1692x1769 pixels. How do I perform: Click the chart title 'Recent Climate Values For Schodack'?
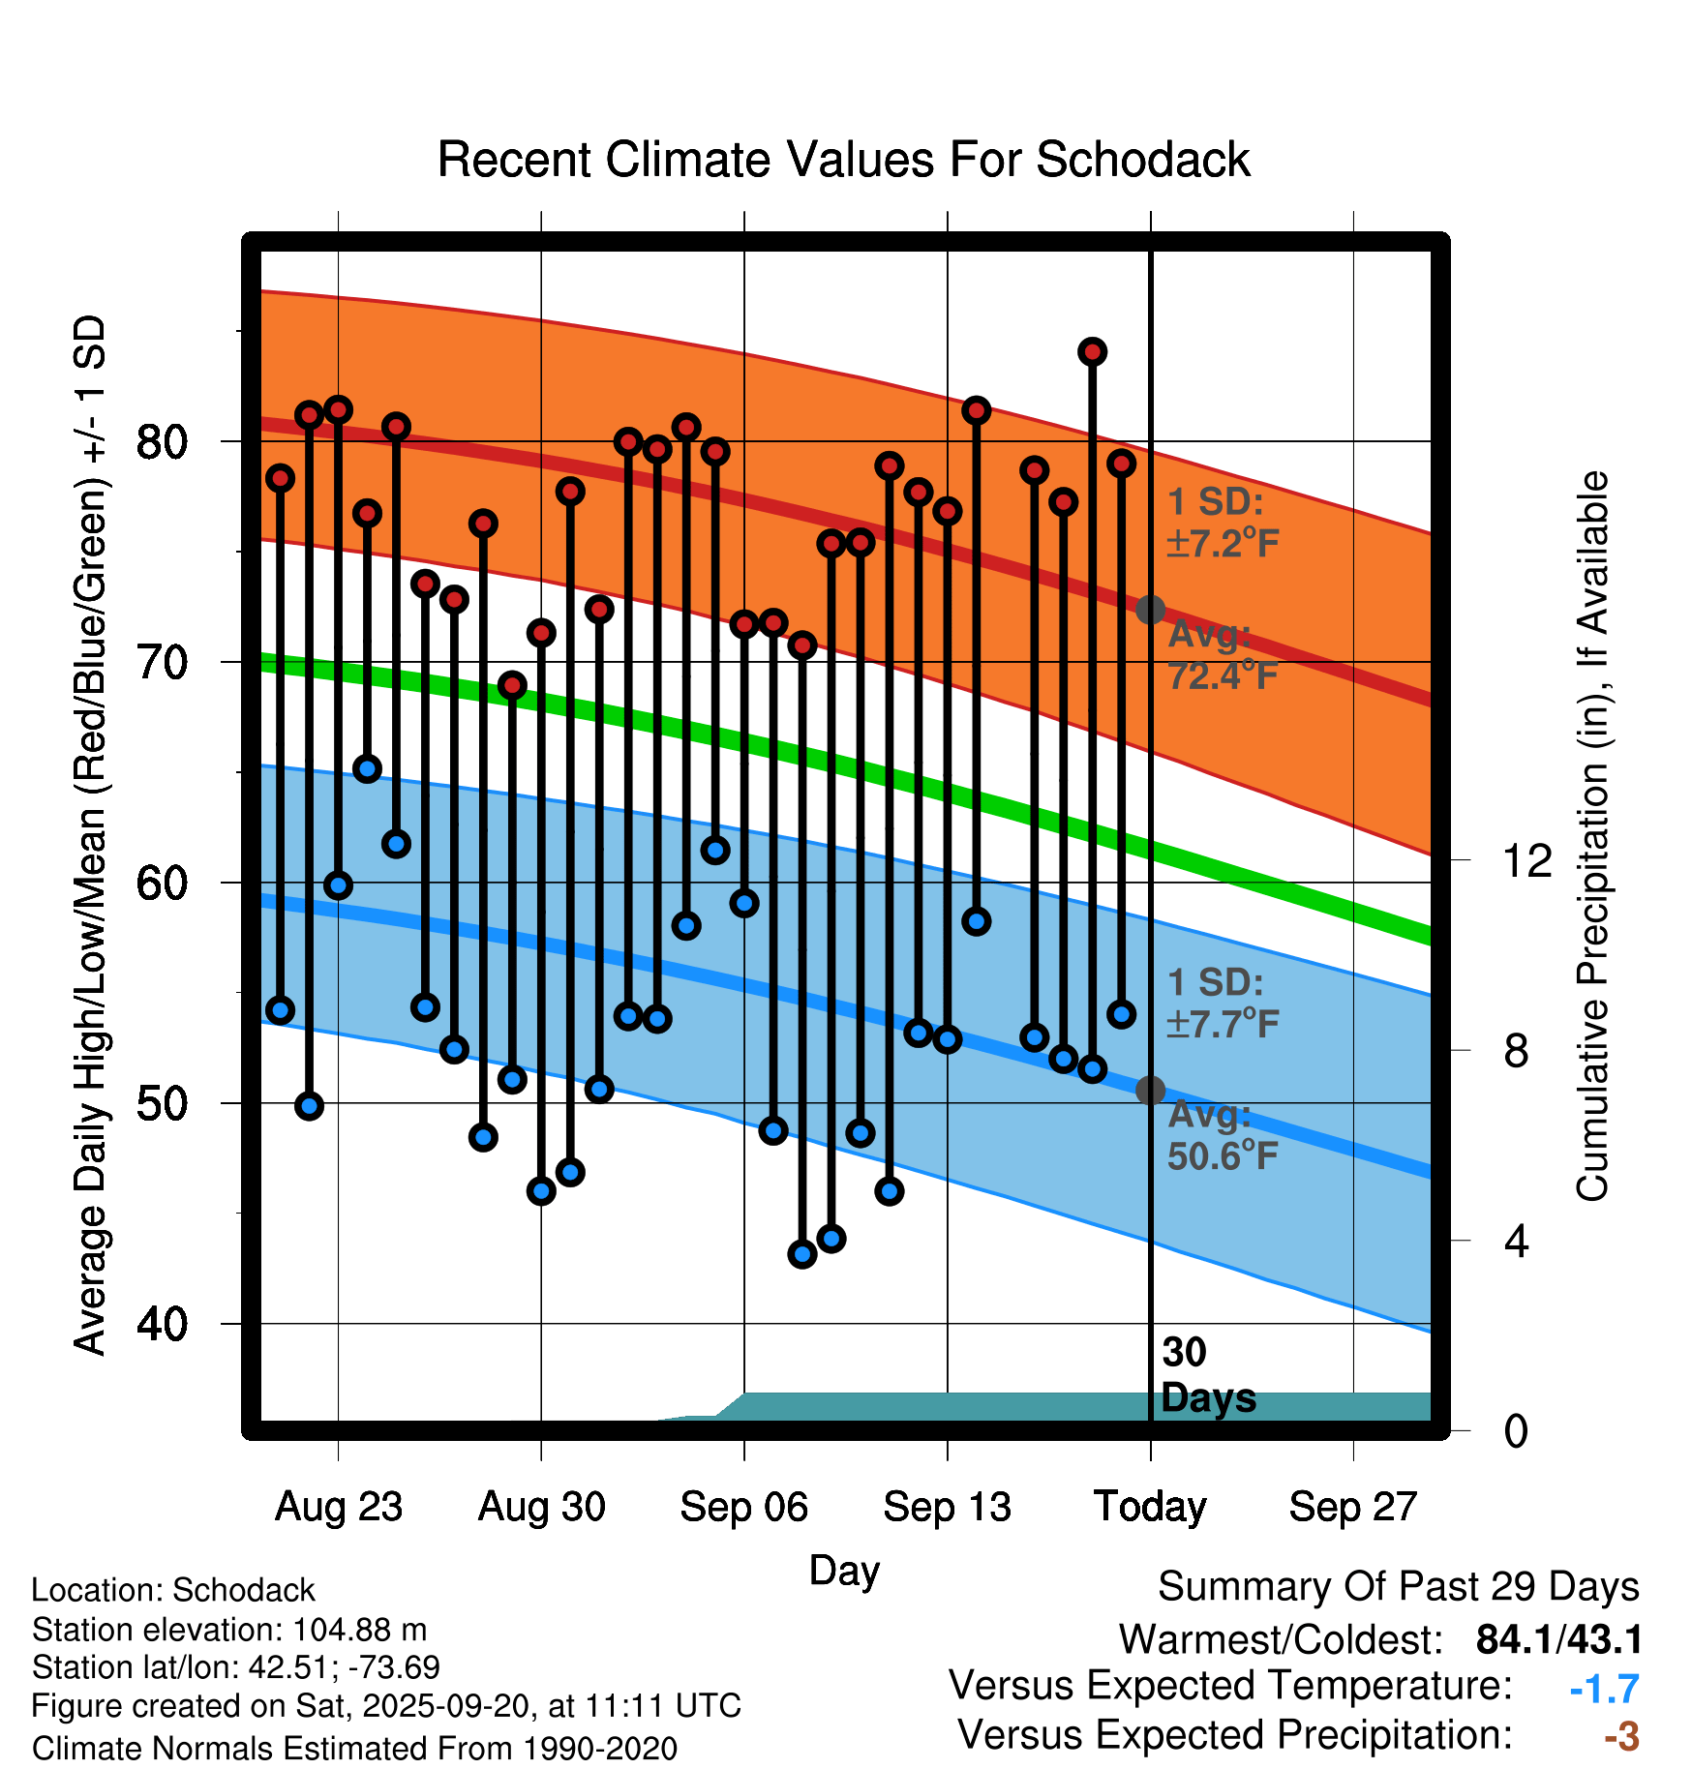843,160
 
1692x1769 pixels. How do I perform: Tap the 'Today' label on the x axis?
1150,1507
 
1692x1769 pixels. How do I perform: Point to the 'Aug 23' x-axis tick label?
338,1507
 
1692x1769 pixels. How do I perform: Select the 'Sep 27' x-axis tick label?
1352,1507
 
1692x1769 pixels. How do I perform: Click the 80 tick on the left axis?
162,442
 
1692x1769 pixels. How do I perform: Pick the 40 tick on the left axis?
162,1324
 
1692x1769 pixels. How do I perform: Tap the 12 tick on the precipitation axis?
1527,860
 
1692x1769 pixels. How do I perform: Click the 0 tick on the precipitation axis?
1516,1431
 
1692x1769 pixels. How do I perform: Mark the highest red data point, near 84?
1092,351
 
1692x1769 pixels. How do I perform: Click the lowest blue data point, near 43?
802,1254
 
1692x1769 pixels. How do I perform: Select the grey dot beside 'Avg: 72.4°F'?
1150,610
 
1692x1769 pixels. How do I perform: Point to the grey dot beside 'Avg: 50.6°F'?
1150,1091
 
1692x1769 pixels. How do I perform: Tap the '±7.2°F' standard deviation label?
1223,544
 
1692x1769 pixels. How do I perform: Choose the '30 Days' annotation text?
1207,1376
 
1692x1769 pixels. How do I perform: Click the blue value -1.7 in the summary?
1604,1690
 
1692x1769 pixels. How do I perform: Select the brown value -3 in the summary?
1621,1737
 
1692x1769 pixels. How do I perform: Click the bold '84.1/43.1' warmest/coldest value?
1558,1639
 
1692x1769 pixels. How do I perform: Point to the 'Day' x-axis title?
844,1570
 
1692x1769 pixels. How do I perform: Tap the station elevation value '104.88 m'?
359,1630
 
